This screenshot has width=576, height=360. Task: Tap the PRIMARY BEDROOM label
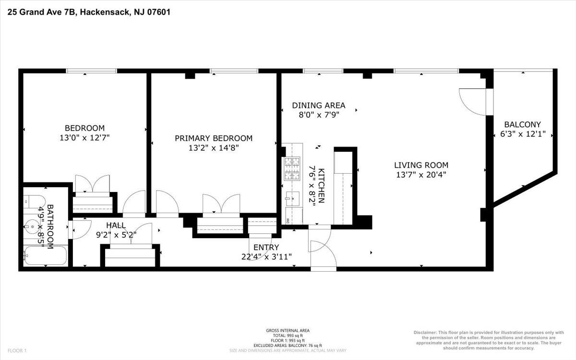(x=214, y=138)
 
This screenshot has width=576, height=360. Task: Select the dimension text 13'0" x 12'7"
(x=84, y=138)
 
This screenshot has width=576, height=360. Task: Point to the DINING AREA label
(x=319, y=106)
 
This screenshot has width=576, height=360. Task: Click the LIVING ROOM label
(x=421, y=165)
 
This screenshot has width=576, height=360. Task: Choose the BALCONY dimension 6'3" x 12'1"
(x=523, y=134)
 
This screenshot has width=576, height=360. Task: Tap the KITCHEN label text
(x=322, y=186)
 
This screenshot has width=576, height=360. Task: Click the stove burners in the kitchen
(x=292, y=168)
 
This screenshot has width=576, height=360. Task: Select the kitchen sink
(x=292, y=199)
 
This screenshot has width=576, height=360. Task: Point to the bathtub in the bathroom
(x=45, y=255)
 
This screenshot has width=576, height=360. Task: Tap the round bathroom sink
(x=33, y=227)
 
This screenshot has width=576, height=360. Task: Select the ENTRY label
(x=266, y=247)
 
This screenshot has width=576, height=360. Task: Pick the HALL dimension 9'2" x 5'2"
(x=116, y=235)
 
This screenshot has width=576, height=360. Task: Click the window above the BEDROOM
(x=91, y=71)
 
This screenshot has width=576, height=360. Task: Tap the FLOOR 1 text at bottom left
(x=17, y=350)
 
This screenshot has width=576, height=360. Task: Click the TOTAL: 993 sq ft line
(x=288, y=336)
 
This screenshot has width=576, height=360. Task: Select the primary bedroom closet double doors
(x=221, y=204)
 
